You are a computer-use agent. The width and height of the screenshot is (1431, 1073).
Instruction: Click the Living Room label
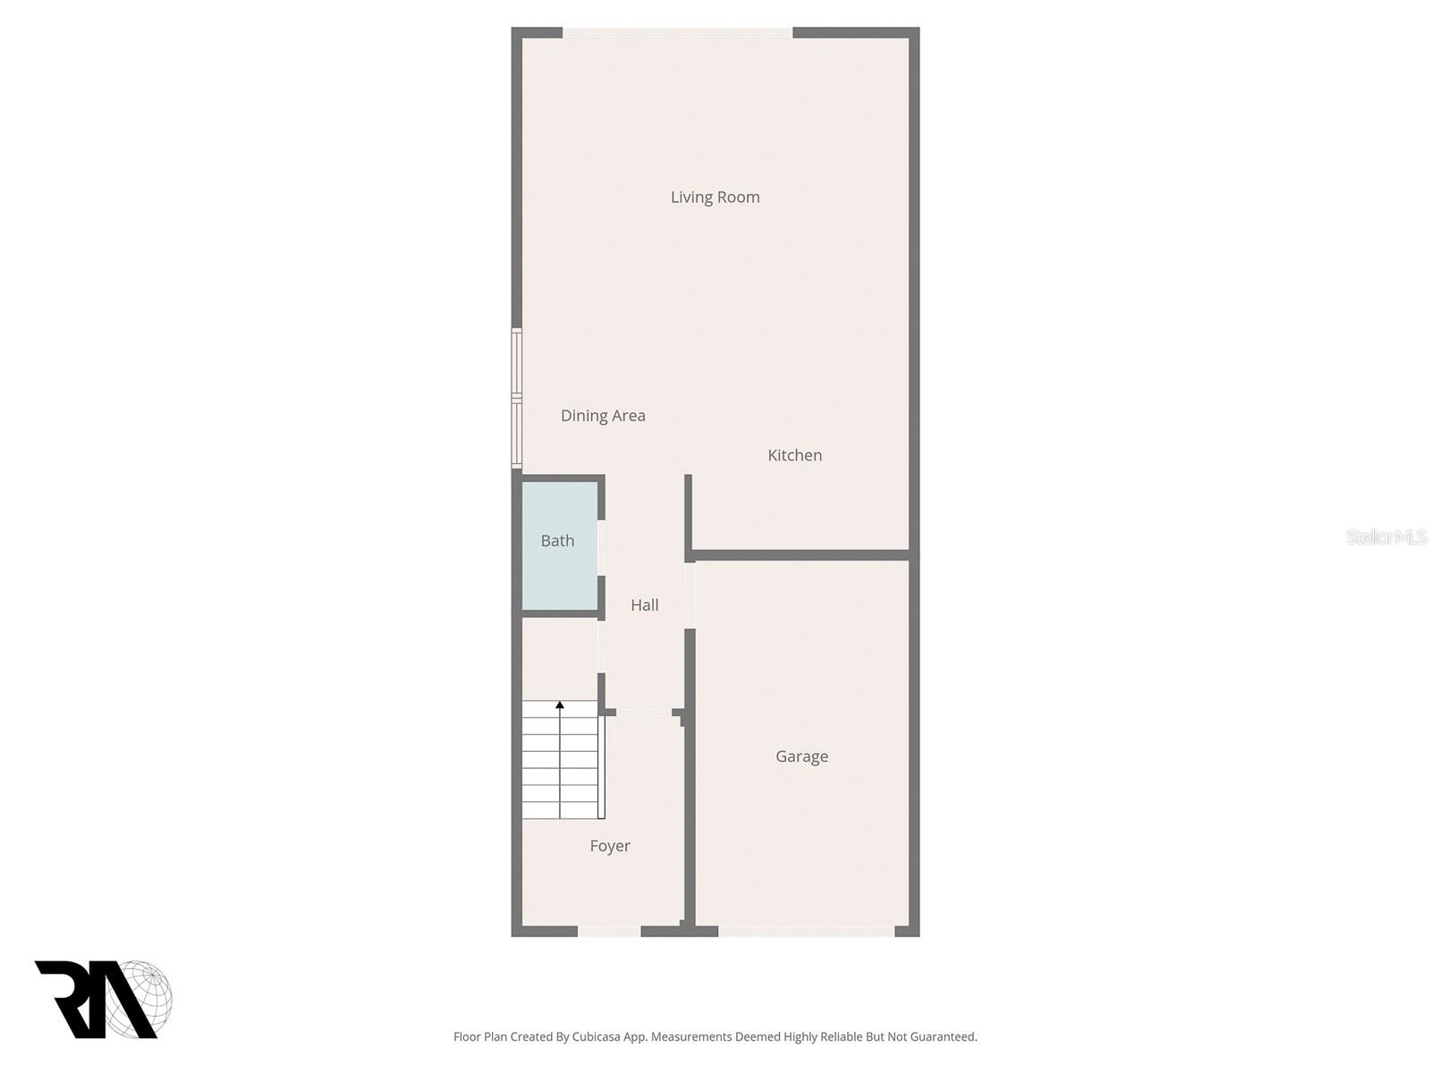[x=715, y=197]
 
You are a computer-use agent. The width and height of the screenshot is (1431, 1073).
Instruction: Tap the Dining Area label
[x=603, y=415]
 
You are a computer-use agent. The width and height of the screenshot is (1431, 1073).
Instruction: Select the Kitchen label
[x=794, y=455]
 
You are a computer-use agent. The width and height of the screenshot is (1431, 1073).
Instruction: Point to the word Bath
[x=557, y=541]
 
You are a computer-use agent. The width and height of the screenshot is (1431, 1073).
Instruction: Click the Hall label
[x=644, y=605]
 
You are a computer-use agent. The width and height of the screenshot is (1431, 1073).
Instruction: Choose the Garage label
[x=801, y=756]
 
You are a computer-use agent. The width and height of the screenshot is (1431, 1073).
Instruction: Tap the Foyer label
[x=610, y=846]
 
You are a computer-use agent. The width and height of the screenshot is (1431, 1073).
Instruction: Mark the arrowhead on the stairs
[x=560, y=705]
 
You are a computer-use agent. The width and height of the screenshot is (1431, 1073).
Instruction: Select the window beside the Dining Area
[x=517, y=398]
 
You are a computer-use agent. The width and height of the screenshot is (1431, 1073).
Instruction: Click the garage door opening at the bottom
[x=806, y=931]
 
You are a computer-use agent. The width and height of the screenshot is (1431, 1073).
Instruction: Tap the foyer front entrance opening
[x=609, y=931]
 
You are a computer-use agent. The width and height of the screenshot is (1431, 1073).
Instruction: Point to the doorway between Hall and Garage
[x=690, y=595]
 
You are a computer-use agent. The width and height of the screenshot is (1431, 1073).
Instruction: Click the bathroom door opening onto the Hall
[x=601, y=547]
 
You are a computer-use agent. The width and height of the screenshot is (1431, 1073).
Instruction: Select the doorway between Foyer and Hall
[x=644, y=713]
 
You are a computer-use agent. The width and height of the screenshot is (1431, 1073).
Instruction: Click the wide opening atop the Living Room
[x=677, y=33]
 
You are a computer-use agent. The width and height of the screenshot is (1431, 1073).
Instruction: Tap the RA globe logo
[x=103, y=999]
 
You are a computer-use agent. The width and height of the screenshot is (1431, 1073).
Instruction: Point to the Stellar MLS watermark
[x=1385, y=536]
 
